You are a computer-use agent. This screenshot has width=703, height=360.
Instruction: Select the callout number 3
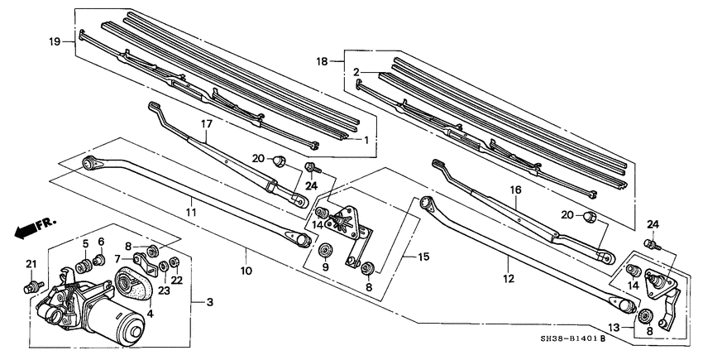pos(209,303)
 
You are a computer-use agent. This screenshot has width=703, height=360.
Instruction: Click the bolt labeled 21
pos(30,286)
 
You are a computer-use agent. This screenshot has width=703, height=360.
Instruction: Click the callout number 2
pos(357,73)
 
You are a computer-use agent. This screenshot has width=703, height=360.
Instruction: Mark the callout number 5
pos(84,242)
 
